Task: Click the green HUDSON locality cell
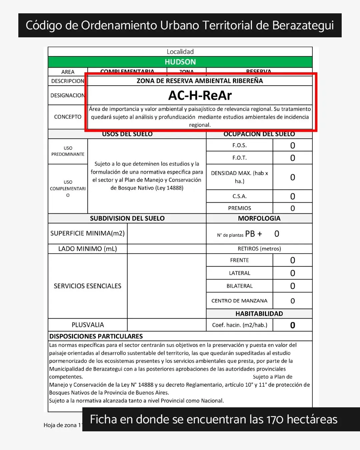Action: tap(180, 62)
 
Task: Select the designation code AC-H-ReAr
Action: tap(200, 96)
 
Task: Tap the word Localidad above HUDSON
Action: tap(180, 52)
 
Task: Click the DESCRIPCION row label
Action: tap(68, 81)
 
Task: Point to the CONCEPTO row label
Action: tap(68, 117)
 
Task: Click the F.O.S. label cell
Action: tap(239, 145)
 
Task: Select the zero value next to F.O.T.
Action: tap(292, 158)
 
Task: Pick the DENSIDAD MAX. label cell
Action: tap(239, 177)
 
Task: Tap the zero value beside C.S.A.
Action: tap(292, 196)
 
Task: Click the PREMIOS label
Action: tap(239, 208)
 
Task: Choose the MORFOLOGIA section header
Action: tap(259, 218)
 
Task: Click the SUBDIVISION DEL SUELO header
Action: tap(127, 218)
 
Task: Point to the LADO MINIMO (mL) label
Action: tap(87, 249)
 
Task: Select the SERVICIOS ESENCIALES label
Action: tap(87, 286)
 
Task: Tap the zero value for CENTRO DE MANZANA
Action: tap(292, 301)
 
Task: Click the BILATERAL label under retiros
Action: tap(239, 286)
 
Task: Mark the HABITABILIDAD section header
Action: tap(259, 314)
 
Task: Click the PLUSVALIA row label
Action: tap(87, 325)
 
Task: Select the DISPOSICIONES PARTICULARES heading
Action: tap(96, 336)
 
